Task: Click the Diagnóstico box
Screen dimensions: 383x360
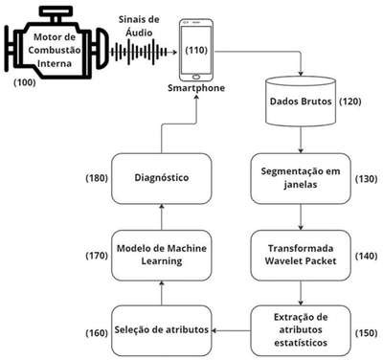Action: pos(162,178)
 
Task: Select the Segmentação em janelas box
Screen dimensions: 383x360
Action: pos(301,178)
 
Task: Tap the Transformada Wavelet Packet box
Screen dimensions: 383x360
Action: pos(301,256)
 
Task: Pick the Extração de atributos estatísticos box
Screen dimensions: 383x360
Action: pos(301,330)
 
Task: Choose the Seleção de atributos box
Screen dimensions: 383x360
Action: pos(162,330)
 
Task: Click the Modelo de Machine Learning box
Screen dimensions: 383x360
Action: pos(162,256)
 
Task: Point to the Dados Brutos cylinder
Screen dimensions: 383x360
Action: pos(301,101)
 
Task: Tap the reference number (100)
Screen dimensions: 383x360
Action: pos(25,82)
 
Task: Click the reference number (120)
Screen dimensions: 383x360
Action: pos(350,101)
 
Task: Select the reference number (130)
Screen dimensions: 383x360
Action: pos(366,179)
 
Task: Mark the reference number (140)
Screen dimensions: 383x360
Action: pos(366,256)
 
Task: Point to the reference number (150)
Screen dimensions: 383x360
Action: pos(366,332)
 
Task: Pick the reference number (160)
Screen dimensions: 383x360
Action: pos(97,333)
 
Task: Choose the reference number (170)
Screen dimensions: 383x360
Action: pos(97,256)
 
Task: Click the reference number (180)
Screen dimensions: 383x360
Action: pos(97,178)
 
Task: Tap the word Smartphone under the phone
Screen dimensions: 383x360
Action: pos(196,88)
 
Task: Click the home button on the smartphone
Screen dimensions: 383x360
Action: pos(196,77)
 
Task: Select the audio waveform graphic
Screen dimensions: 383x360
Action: pos(139,52)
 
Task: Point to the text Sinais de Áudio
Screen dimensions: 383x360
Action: pos(139,26)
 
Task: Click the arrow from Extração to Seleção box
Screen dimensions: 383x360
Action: pos(231,330)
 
